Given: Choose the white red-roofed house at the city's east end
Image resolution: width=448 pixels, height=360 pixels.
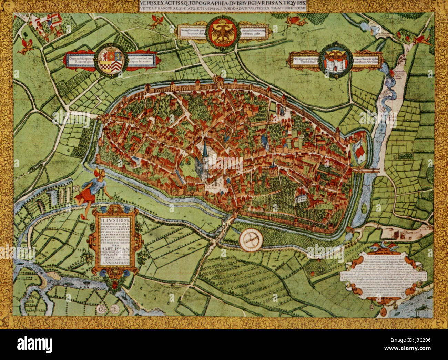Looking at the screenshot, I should [x=359, y=152].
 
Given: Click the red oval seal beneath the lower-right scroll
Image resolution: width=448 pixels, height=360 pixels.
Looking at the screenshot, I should [x=384, y=312].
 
